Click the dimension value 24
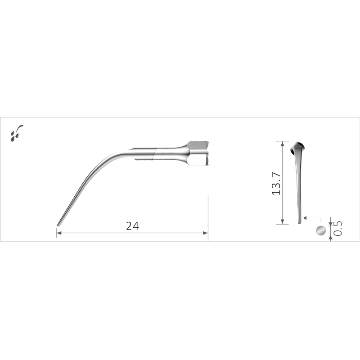click(x=132, y=226)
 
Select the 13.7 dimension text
click(x=276, y=184)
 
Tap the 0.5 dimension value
click(x=337, y=228)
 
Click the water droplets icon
click(x=16, y=133)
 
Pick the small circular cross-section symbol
click(x=321, y=230)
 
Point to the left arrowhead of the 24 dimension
click(x=59, y=233)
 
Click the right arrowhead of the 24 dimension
click(x=205, y=233)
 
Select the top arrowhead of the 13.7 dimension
click(x=283, y=144)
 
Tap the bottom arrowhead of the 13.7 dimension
click(x=283, y=221)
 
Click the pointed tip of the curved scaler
click(x=58, y=225)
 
